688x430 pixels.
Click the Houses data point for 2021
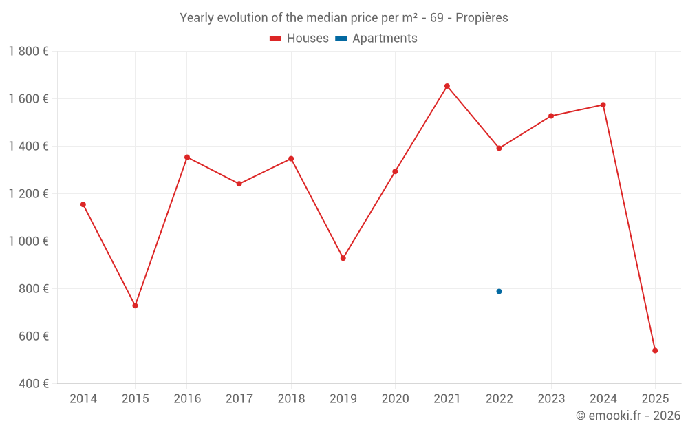click(447, 86)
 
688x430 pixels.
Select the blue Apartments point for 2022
click(499, 291)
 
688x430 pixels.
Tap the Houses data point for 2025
click(655, 350)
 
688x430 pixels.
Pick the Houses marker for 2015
click(135, 305)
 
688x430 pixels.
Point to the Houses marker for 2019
click(343, 258)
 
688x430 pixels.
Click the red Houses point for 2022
click(499, 148)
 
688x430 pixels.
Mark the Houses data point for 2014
click(83, 204)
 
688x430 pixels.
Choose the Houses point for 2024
click(603, 105)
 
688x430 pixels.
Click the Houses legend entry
click(299, 39)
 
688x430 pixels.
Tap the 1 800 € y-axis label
click(28, 52)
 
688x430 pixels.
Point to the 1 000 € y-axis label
click(28, 241)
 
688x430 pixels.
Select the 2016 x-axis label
click(187, 399)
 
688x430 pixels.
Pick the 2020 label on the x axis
click(395, 399)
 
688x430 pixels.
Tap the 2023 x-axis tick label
click(551, 399)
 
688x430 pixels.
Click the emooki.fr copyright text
click(628, 416)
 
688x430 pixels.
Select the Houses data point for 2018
click(291, 159)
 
